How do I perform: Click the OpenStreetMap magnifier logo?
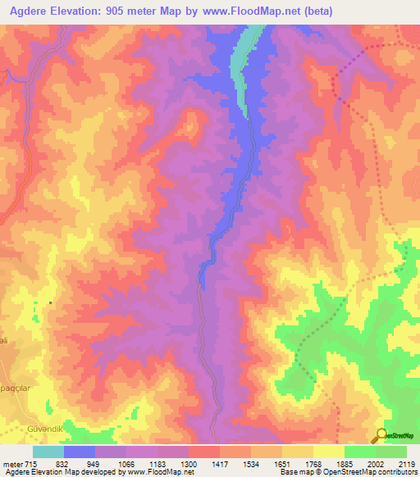(381, 435)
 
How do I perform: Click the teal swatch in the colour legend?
(48, 451)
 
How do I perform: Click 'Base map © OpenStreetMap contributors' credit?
(346, 472)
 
